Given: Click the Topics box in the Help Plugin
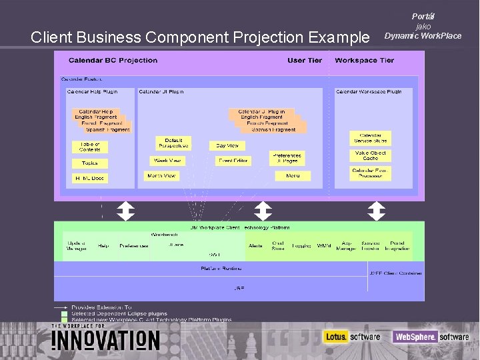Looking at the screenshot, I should [x=89, y=163].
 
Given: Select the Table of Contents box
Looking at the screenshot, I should [x=89, y=147].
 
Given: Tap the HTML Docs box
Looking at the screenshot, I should [x=89, y=178].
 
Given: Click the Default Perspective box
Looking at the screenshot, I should [x=173, y=143].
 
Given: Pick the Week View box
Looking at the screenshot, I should [x=167, y=161].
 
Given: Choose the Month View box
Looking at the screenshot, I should [x=161, y=175].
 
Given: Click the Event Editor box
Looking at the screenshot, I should [x=233, y=161].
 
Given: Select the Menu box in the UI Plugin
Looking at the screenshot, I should [x=293, y=175].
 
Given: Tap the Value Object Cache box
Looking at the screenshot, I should [x=371, y=155].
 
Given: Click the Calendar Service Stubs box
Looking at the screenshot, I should [x=371, y=138].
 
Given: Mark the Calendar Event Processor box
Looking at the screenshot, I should [x=371, y=173].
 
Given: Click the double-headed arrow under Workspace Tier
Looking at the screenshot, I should [x=377, y=211].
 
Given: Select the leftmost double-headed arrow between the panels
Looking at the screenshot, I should [x=125, y=211].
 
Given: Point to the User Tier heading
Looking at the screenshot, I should [x=305, y=61].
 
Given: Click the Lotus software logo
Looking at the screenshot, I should [x=351, y=337].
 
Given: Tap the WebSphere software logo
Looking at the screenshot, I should [x=431, y=337].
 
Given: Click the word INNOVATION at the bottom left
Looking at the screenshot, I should [x=106, y=340].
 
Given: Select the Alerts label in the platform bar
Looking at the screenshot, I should [x=255, y=246].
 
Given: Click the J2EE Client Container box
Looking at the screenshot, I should [x=395, y=273].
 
